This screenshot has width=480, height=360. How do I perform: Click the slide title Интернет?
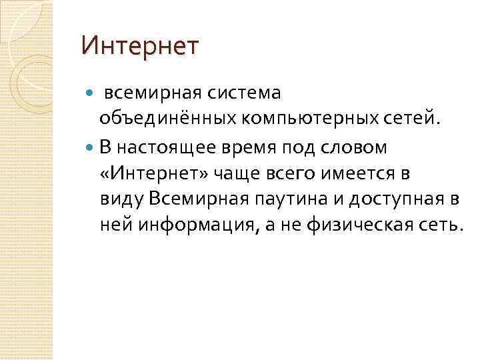[x=139, y=47]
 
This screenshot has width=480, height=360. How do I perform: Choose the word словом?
[x=361, y=146]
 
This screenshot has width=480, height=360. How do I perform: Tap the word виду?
[x=123, y=198]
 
